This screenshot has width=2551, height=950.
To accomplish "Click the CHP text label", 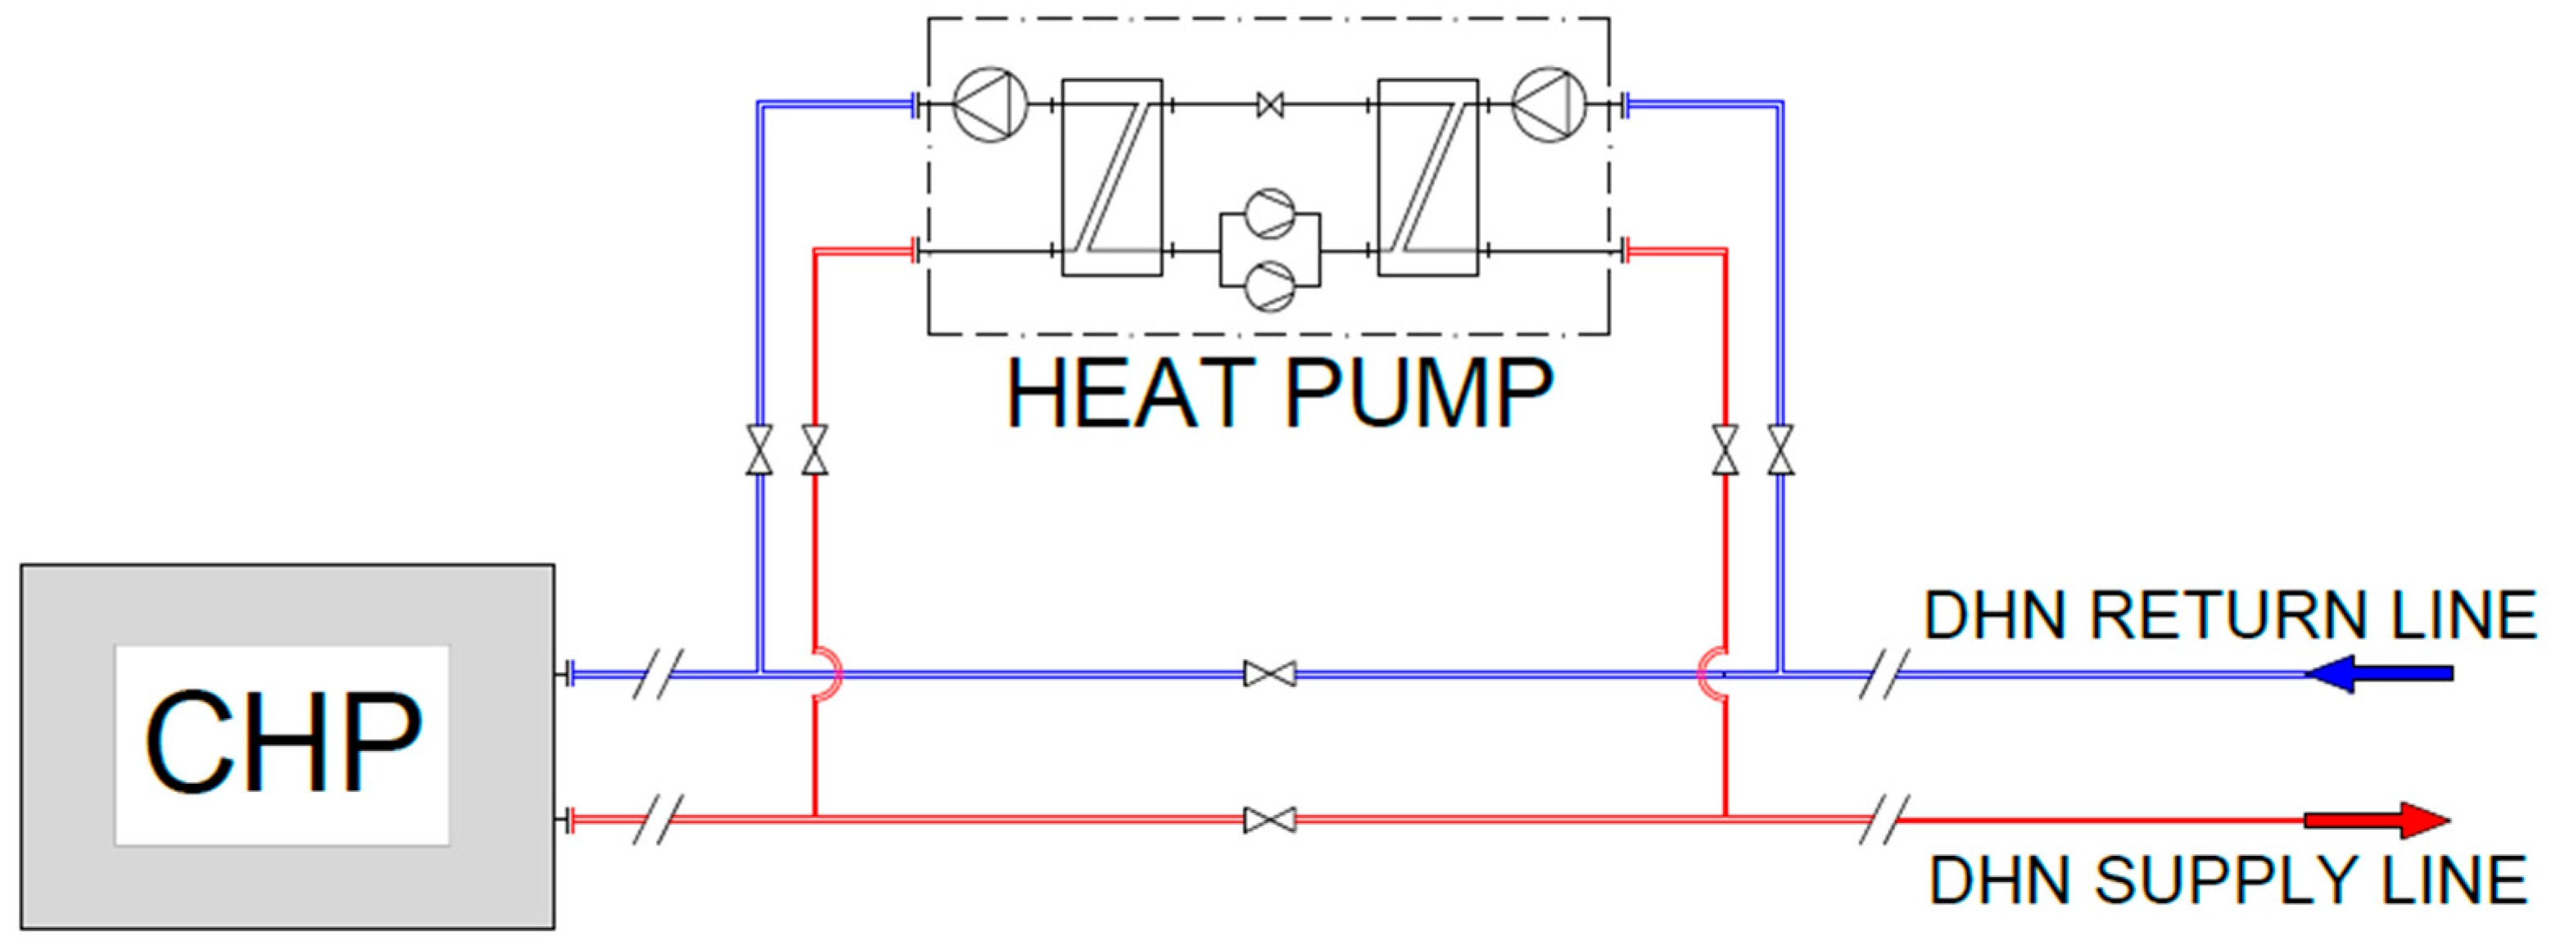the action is (284, 742).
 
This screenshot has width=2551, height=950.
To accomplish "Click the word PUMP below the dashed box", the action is (1419, 393).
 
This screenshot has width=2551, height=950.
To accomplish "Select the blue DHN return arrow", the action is (2379, 674).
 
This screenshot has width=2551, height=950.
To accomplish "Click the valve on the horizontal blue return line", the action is (1269, 675).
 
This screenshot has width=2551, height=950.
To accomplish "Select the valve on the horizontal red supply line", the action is (1269, 821).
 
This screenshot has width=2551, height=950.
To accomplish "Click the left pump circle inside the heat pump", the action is (990, 104).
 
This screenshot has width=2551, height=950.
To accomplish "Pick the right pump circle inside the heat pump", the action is (1549, 104).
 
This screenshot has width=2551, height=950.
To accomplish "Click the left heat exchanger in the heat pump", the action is (1112, 178).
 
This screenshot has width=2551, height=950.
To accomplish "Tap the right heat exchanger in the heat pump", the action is (1428, 178).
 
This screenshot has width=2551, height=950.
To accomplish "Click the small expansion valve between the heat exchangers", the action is (1269, 104).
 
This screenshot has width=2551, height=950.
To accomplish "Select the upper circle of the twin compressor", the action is (1269, 214).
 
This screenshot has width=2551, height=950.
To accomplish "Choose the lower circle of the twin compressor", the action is (1269, 287).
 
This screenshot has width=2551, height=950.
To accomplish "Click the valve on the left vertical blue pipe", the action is (759, 450).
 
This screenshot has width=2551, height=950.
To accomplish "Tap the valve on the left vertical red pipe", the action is (815, 450).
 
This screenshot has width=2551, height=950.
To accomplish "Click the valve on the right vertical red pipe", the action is (1725, 450).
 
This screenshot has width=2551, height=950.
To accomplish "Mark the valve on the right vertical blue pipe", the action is (1780, 450).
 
